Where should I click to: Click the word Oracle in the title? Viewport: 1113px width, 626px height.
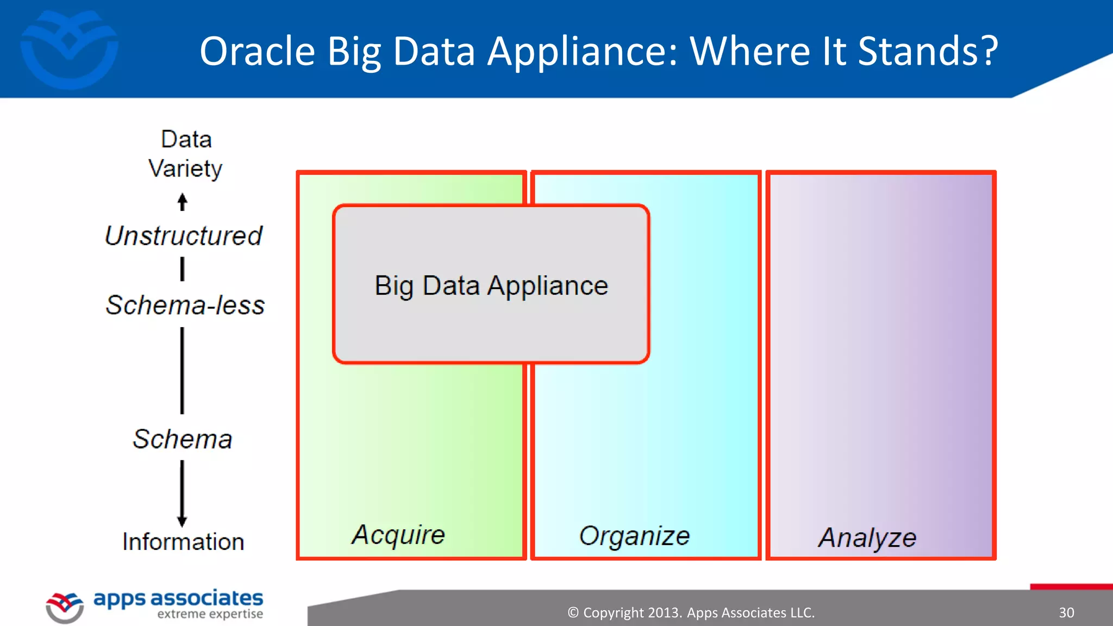click(x=257, y=52)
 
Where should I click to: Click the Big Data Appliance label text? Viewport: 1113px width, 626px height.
click(x=491, y=285)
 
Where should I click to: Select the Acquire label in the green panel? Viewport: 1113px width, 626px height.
click(x=398, y=535)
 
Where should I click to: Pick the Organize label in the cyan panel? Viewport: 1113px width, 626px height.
click(x=634, y=536)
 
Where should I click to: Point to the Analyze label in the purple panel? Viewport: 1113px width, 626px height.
click(x=867, y=538)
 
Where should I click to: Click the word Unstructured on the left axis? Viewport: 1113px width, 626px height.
click(x=184, y=236)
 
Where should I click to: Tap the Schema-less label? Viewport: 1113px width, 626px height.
click(x=185, y=305)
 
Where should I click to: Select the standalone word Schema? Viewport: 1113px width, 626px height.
click(x=183, y=439)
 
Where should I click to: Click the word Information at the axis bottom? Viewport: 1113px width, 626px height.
click(x=183, y=542)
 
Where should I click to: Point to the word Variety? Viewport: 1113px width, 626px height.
click(x=185, y=168)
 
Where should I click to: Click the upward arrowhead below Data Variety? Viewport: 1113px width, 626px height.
click(x=183, y=199)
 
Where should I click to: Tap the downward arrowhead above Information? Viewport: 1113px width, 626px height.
click(x=182, y=521)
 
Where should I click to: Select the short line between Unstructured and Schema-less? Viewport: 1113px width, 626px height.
click(x=183, y=269)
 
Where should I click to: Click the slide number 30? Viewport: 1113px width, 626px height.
click(x=1066, y=612)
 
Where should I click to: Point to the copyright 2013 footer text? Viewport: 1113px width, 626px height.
click(x=691, y=612)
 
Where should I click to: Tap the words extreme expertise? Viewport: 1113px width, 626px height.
click(x=210, y=614)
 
